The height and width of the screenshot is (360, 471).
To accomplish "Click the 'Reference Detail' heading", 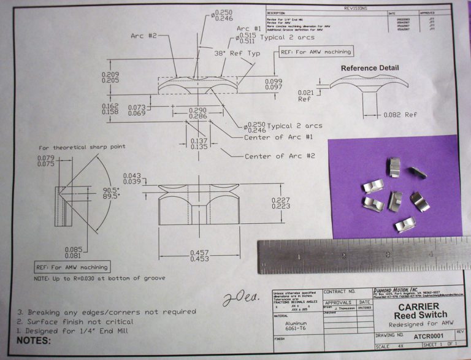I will pos(370,68).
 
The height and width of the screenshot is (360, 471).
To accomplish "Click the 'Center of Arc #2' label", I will pos(280,156).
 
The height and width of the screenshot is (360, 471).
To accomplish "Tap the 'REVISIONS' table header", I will pos(355,9).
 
